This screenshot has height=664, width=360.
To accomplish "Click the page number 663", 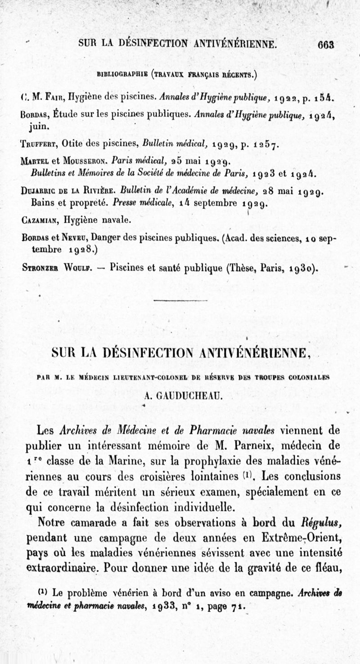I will coord(325,45).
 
